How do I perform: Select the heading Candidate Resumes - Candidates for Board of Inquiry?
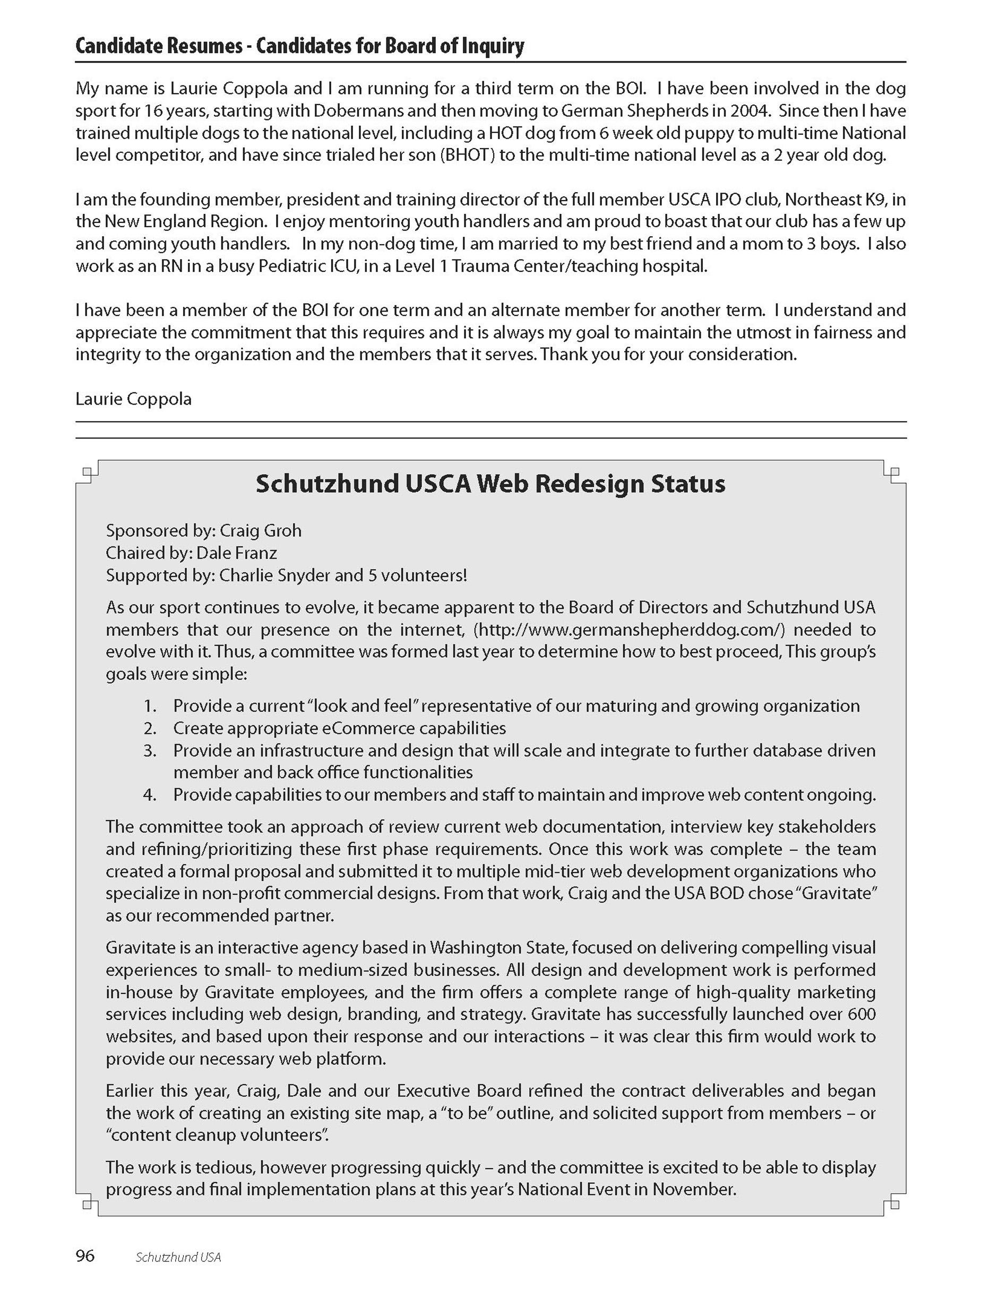299,46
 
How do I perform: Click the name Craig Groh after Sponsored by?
261,530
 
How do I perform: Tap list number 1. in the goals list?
150,706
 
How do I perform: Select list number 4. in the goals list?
150,795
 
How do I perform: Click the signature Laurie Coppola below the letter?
134,399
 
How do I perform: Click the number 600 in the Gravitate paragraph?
861,1014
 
